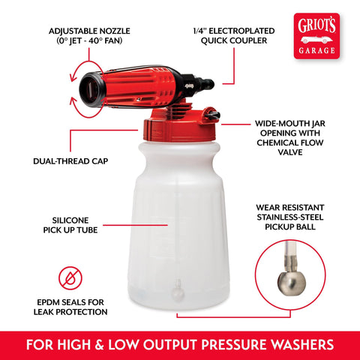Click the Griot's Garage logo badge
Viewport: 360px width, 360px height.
click(316, 36)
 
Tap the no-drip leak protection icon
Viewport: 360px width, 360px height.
click(70, 278)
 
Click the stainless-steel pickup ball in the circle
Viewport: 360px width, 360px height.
click(292, 284)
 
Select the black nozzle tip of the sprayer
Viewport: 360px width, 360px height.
click(91, 89)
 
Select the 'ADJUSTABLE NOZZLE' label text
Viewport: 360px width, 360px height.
click(89, 31)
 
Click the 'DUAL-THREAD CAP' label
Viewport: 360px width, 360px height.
click(70, 161)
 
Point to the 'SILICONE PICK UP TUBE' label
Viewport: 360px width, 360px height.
click(70, 225)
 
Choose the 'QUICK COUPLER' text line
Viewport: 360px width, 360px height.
click(234, 40)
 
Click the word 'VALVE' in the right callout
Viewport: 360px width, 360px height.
click(290, 152)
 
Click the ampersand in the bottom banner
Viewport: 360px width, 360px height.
click(99, 345)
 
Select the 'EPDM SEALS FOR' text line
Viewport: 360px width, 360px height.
click(70, 302)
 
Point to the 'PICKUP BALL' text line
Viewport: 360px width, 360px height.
click(290, 226)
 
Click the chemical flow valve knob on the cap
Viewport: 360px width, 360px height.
click(211, 115)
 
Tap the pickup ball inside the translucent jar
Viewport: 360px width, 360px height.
click(178, 292)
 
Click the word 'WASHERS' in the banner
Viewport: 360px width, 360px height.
click(302, 345)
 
